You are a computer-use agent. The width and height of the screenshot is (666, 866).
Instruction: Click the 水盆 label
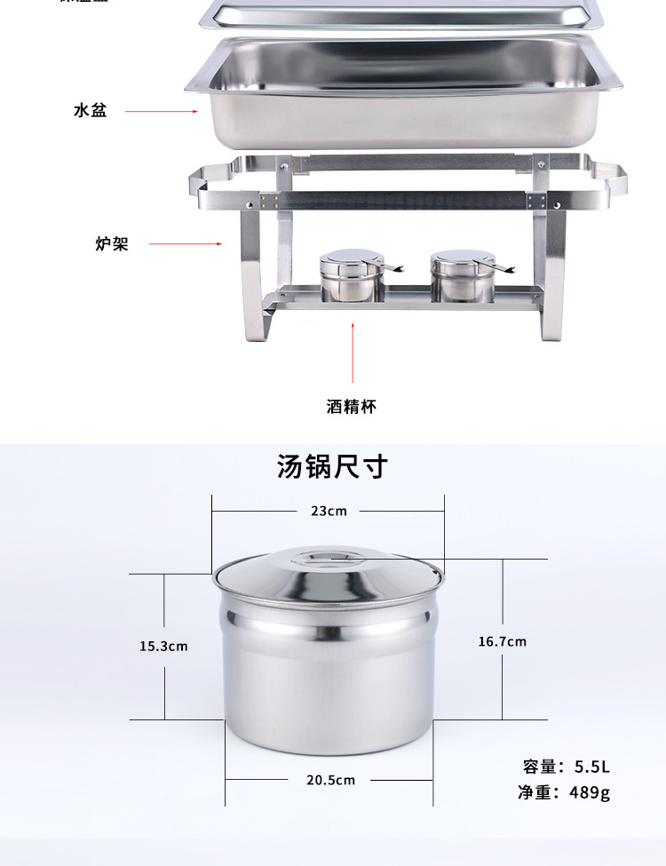pyautogui.click(x=91, y=112)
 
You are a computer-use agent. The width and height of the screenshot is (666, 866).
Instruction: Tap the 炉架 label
pyautogui.click(x=112, y=243)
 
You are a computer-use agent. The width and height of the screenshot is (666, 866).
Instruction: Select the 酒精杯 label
pyautogui.click(x=352, y=407)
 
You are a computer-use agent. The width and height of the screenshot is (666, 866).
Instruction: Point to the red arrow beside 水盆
pyautogui.click(x=161, y=112)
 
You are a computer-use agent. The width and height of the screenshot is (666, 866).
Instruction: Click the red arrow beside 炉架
pyautogui.click(x=185, y=243)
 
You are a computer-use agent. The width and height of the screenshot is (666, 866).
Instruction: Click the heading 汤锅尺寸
pyautogui.click(x=332, y=466)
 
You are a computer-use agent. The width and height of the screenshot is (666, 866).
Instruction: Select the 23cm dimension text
pyautogui.click(x=329, y=511)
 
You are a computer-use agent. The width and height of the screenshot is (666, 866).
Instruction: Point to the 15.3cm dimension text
pyautogui.click(x=163, y=646)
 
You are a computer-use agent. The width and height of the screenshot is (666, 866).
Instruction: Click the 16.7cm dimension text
pyautogui.click(x=503, y=641)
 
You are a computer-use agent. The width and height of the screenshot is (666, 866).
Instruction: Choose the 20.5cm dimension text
pyautogui.click(x=330, y=780)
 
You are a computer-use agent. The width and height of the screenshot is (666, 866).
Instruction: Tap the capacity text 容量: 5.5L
pyautogui.click(x=567, y=767)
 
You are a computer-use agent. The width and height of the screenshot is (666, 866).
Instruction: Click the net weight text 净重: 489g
pyautogui.click(x=565, y=792)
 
